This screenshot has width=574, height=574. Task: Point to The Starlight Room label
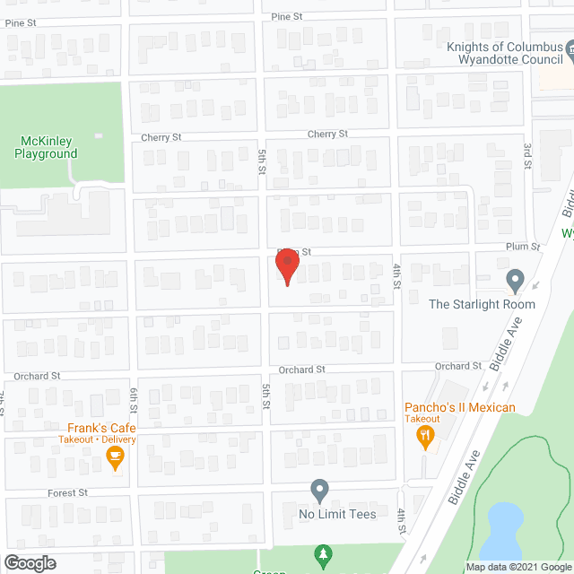tap(482, 304)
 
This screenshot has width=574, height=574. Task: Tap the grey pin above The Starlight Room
tap(515, 280)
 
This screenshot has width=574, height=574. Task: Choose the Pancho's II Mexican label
tap(459, 408)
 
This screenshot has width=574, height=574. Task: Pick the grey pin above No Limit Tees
tap(319, 491)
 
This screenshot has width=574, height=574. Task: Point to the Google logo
tap(29, 563)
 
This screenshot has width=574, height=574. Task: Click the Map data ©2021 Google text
tap(517, 567)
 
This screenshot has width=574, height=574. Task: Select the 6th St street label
tap(134, 394)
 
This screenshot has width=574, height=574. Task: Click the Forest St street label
tap(68, 492)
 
